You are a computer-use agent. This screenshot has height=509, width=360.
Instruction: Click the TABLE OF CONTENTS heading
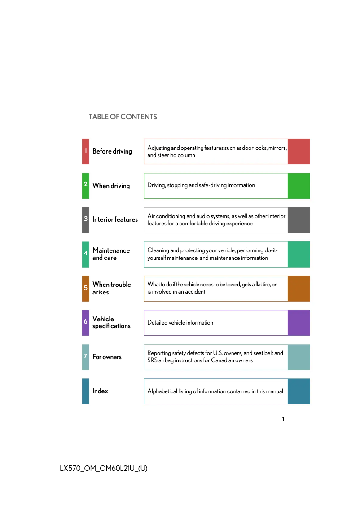pos(123,117)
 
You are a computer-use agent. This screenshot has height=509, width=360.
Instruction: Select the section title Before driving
pos(112,151)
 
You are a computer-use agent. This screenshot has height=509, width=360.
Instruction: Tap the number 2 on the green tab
pos(85,184)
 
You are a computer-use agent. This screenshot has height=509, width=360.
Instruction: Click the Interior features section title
pos(115,219)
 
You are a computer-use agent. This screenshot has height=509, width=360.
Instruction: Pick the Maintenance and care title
pos(111,254)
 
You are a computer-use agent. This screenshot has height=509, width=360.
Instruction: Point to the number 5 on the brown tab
pos(85,288)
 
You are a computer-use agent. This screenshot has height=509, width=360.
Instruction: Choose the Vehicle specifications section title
pos(111,322)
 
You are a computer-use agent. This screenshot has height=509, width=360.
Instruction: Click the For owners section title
pos(107,357)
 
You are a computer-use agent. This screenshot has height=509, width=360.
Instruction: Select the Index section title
pos(100,391)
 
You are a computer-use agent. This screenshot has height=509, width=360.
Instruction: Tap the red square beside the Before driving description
pos(299,151)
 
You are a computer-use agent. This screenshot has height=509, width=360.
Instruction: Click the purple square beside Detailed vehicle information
pos(299,323)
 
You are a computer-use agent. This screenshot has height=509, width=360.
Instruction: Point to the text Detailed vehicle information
pos(180,323)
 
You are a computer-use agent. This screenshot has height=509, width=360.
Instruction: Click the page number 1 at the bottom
pos(283,419)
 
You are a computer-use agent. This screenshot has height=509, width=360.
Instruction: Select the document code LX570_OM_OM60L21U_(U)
pos(103,469)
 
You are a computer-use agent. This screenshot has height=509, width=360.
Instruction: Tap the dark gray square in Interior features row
pos(299,220)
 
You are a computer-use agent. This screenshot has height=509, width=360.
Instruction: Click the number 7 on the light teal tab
pos(85,356)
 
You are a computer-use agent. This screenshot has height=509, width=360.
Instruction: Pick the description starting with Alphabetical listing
pos(215,391)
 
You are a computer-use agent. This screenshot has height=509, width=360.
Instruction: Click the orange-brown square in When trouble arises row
pos(299,289)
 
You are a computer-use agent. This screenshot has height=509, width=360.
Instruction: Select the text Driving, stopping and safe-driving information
pos(201,185)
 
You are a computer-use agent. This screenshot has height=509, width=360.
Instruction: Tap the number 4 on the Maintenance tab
pos(85,254)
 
